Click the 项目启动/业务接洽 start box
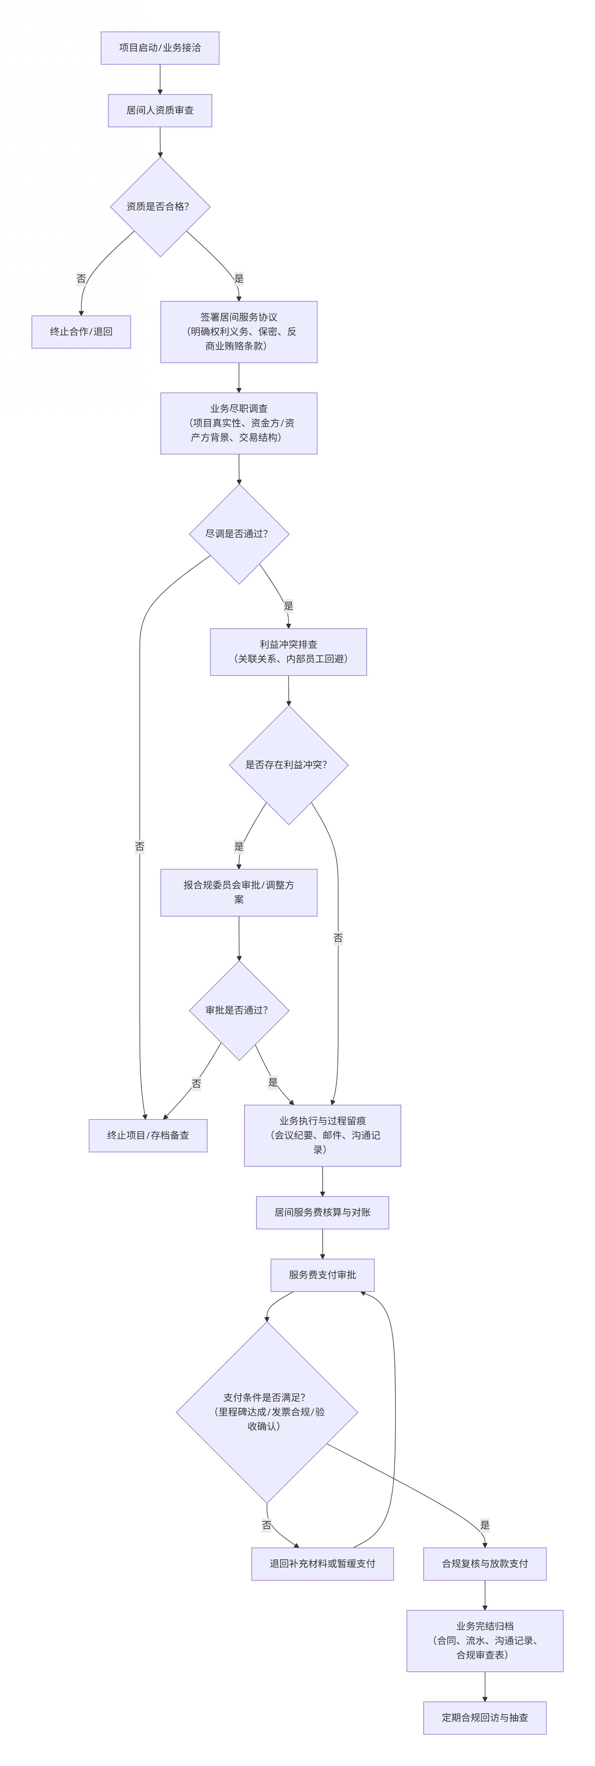tap(160, 48)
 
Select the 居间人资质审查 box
tap(160, 110)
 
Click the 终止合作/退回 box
tap(81, 332)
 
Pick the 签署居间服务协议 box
tap(238, 332)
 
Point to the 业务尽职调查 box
tap(238, 423)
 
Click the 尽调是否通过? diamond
tap(238, 534)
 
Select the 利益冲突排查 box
tap(288, 652)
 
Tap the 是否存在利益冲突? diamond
tap(288, 765)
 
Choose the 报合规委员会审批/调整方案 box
tap(238, 893)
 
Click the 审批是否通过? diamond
tap(238, 1011)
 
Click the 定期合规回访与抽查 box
tap(484, 1718)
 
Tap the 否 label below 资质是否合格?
tap(81, 279)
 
